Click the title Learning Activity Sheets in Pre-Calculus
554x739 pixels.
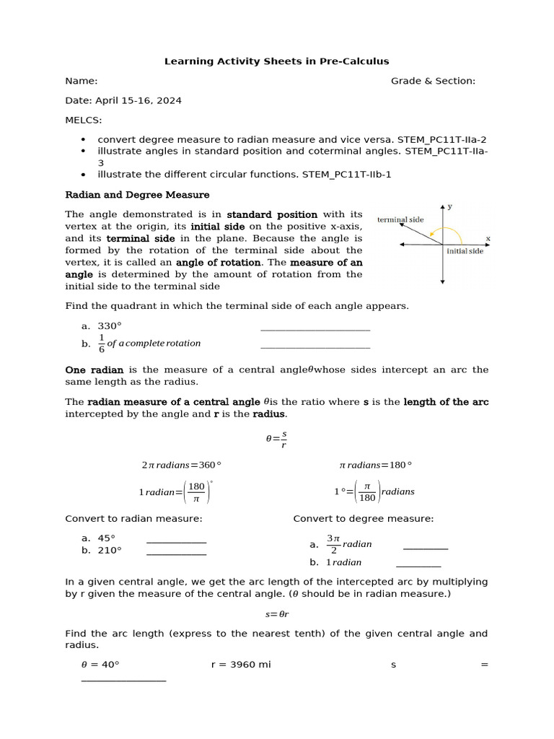point(277,61)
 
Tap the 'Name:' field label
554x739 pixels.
point(82,81)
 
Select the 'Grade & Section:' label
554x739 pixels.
point(433,81)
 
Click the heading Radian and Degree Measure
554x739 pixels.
point(137,195)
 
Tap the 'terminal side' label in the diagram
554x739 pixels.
point(400,219)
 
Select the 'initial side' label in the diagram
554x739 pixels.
point(466,252)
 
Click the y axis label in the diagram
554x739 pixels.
point(449,206)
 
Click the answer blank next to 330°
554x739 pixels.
point(315,329)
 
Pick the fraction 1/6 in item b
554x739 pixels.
point(102,344)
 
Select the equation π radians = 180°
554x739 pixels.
point(375,465)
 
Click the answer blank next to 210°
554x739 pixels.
point(176,554)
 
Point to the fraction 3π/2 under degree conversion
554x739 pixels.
point(333,544)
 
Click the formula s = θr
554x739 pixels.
point(277,614)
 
